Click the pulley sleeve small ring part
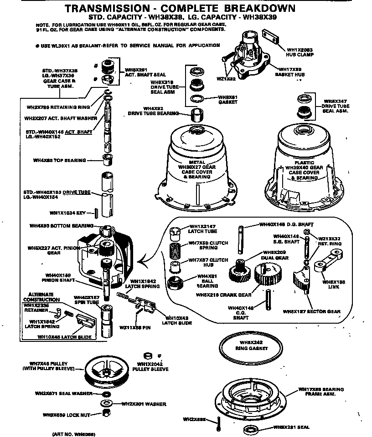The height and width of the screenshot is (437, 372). pyautogui.click(x=147, y=356)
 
